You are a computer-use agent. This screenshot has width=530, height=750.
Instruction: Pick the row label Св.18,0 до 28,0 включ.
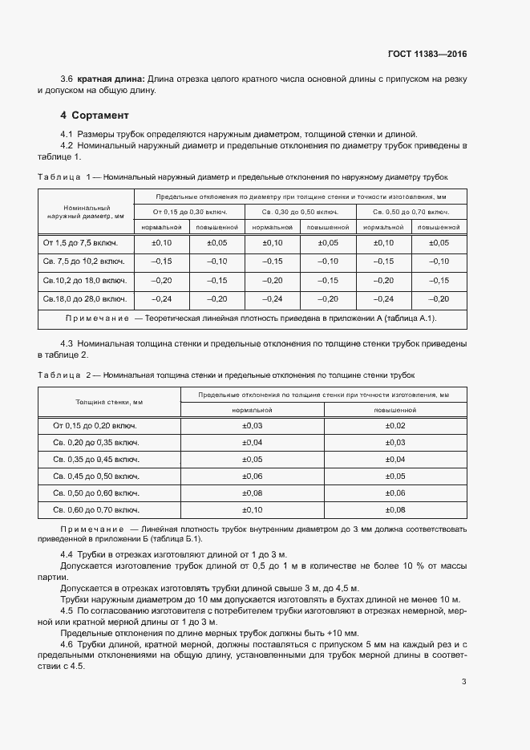click(x=85, y=298)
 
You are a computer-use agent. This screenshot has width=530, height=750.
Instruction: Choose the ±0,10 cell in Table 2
click(x=253, y=509)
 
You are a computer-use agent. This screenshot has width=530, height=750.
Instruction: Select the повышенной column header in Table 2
click(x=396, y=409)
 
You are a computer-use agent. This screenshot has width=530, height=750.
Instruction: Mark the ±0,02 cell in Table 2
click(x=396, y=426)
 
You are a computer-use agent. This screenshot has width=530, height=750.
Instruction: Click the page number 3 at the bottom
click(x=464, y=682)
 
